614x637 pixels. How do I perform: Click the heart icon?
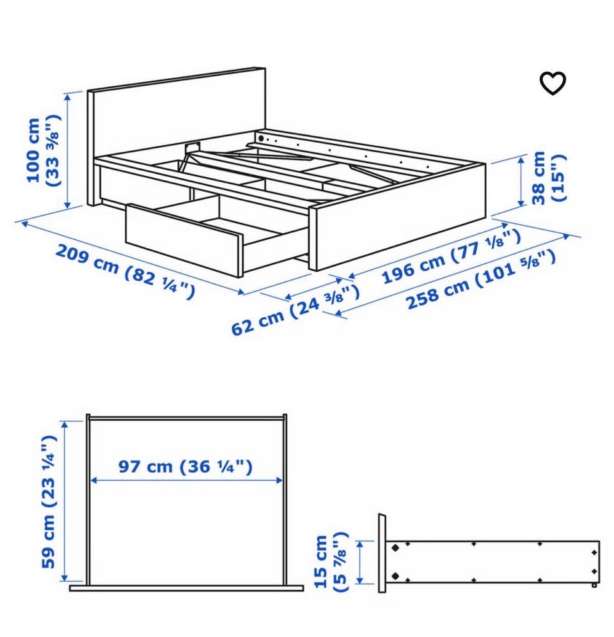[x=552, y=83]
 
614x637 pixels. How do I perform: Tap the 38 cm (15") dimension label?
[x=549, y=177]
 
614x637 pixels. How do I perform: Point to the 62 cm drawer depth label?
[x=295, y=309]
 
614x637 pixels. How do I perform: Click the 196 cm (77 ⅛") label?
[x=451, y=256]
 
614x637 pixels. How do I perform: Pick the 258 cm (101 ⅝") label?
[x=481, y=279]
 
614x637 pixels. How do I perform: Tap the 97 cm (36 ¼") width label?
[x=185, y=466]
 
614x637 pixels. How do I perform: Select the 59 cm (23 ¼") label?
[x=49, y=501]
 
